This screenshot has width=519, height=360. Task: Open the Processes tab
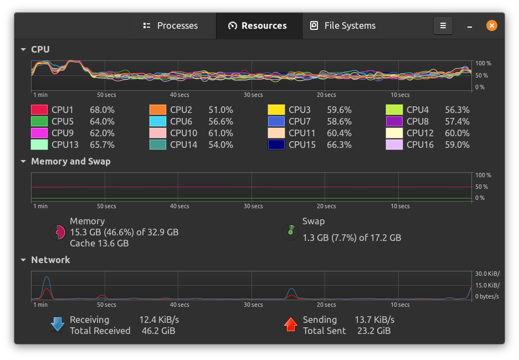[x=171, y=25]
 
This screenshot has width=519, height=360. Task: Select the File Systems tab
[x=343, y=25]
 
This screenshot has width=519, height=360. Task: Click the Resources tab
[x=258, y=25]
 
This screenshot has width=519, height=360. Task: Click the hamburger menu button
[x=443, y=25]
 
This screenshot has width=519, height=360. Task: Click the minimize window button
[x=470, y=25]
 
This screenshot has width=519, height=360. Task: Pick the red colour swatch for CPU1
[x=39, y=110]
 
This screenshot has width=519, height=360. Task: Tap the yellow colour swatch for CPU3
[x=276, y=110]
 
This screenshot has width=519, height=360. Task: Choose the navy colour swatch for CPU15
[x=276, y=145]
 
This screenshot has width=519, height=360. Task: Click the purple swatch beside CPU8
[x=394, y=121]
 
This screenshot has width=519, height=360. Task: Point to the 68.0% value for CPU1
[x=102, y=110]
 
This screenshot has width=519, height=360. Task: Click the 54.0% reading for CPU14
[x=220, y=145]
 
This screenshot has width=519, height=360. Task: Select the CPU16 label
[x=420, y=145]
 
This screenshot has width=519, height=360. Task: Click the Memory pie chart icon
[x=58, y=232]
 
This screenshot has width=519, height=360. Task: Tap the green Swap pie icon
[x=290, y=232]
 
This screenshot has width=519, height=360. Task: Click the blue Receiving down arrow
[x=58, y=325]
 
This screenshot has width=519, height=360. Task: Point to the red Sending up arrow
[x=290, y=325]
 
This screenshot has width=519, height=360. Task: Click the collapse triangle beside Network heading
[x=23, y=260]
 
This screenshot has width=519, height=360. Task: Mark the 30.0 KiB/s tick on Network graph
[x=487, y=274]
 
